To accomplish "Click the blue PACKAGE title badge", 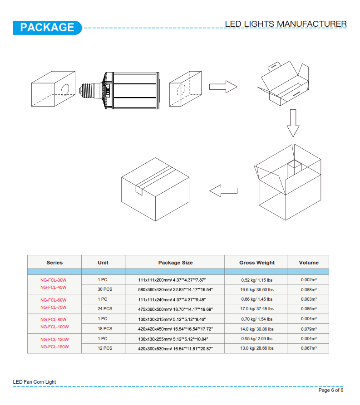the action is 47,28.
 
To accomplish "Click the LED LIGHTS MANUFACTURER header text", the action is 286,24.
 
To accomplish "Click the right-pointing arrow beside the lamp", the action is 223,87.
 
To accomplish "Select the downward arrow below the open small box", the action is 293,123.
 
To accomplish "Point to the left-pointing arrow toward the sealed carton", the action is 223,191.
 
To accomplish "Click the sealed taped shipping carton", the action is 155,189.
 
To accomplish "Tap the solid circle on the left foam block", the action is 65,90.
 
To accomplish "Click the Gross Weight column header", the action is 257,263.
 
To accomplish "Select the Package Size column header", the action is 175,263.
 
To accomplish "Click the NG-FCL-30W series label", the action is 53,280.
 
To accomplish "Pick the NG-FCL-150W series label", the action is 54,346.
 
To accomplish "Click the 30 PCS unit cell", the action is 105,289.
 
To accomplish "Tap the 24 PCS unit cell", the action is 105,309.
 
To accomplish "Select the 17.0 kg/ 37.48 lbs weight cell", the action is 257,309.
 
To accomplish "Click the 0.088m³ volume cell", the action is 309,289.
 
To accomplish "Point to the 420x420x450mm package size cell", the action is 175,329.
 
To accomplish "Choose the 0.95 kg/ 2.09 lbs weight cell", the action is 257,339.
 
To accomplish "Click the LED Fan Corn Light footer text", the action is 35,382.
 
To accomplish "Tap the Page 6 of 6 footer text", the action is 331,390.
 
